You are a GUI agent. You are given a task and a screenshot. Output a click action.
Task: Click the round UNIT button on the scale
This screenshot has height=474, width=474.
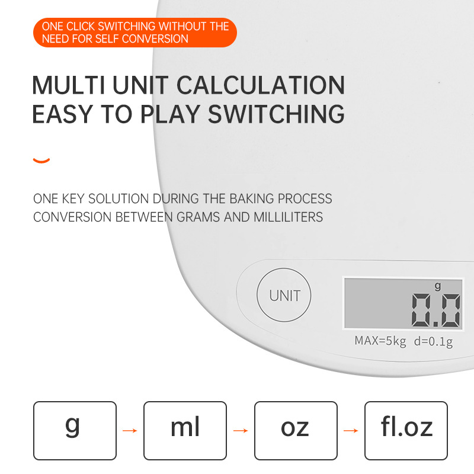click(284, 295)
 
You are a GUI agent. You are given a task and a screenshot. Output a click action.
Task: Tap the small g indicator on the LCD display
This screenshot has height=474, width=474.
click(438, 286)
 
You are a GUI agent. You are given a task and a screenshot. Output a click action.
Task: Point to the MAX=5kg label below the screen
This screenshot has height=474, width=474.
click(380, 341)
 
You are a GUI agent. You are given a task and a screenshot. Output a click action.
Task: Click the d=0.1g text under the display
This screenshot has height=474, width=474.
click(434, 342)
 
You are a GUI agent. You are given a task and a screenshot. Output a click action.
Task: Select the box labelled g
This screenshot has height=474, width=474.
click(75, 431)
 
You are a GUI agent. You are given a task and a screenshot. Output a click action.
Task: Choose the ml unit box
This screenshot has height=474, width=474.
click(185, 431)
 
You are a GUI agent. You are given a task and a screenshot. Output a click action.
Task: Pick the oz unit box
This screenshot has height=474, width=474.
click(296, 431)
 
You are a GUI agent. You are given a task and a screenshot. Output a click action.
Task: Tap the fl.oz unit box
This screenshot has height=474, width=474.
click(406, 431)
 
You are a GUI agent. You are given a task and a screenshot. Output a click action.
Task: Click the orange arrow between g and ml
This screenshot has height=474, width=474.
click(130, 431)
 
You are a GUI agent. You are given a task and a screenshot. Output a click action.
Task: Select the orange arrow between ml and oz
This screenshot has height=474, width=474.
click(241, 431)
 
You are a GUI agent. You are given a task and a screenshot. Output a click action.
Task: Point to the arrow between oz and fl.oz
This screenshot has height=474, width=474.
click(351, 431)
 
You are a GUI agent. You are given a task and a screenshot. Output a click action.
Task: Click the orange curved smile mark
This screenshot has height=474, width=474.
click(41, 161)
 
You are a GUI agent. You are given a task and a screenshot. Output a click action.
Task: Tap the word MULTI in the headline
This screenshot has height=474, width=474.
click(69, 85)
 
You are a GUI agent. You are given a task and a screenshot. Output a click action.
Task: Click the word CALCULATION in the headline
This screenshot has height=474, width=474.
click(261, 85)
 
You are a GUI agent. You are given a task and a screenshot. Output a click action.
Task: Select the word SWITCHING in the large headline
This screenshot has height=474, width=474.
click(276, 114)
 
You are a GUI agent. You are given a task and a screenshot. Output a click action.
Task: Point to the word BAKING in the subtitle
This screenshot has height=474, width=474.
click(252, 199)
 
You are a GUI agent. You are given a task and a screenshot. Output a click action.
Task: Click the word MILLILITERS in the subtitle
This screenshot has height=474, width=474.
click(289, 217)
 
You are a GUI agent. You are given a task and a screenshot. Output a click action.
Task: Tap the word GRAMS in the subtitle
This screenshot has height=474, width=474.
click(198, 217)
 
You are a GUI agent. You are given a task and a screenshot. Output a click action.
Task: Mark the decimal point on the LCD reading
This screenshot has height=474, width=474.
click(435, 324)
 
